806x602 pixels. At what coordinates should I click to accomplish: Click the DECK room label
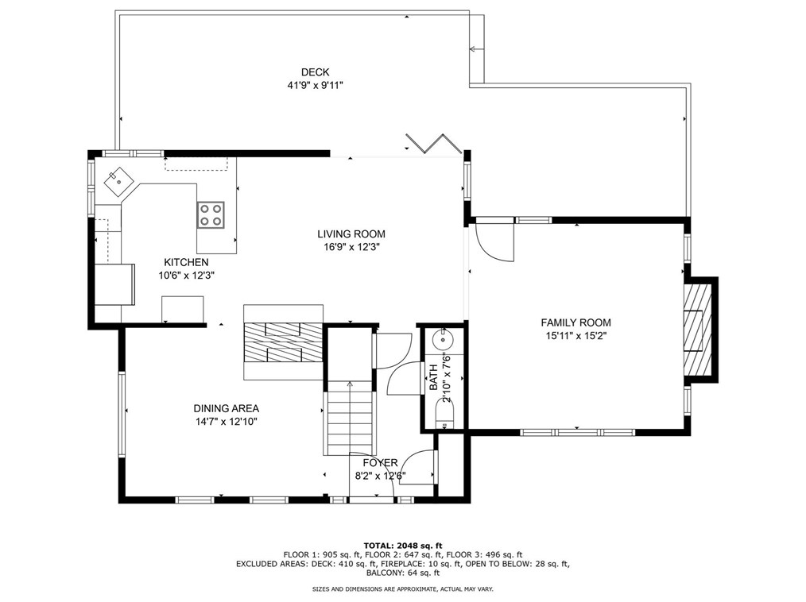tap(315, 72)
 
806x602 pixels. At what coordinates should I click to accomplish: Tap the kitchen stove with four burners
tap(211, 214)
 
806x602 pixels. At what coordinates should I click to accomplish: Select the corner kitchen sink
tap(118, 180)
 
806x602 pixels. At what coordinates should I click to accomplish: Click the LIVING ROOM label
tap(351, 234)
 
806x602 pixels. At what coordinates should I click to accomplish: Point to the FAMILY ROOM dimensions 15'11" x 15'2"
tap(575, 337)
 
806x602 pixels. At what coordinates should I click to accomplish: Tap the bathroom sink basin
tap(443, 340)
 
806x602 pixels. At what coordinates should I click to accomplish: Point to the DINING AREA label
tap(227, 409)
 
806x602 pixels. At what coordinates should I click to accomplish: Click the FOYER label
tap(381, 463)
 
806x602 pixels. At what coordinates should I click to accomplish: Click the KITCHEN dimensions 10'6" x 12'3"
tap(186, 276)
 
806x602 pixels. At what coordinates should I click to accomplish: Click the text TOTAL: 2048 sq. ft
tap(403, 546)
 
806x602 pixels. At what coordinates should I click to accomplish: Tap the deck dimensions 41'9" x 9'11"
tap(315, 85)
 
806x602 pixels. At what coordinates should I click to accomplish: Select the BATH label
tap(434, 377)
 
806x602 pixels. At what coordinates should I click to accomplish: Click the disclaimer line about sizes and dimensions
tap(403, 589)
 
